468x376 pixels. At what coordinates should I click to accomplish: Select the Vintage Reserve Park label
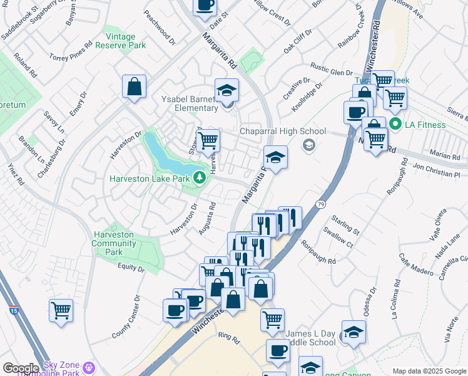coord(125,41)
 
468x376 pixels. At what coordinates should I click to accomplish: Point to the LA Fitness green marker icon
coord(395,124)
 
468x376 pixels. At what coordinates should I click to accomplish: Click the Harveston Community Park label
coord(113,243)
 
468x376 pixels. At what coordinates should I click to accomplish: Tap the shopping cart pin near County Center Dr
coord(61,310)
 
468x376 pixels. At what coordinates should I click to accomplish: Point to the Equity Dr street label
coord(131,269)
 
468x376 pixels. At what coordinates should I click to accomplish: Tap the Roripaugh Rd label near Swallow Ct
coord(318,251)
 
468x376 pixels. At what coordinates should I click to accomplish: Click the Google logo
coord(21,368)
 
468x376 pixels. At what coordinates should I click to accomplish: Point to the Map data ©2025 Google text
coord(429,371)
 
